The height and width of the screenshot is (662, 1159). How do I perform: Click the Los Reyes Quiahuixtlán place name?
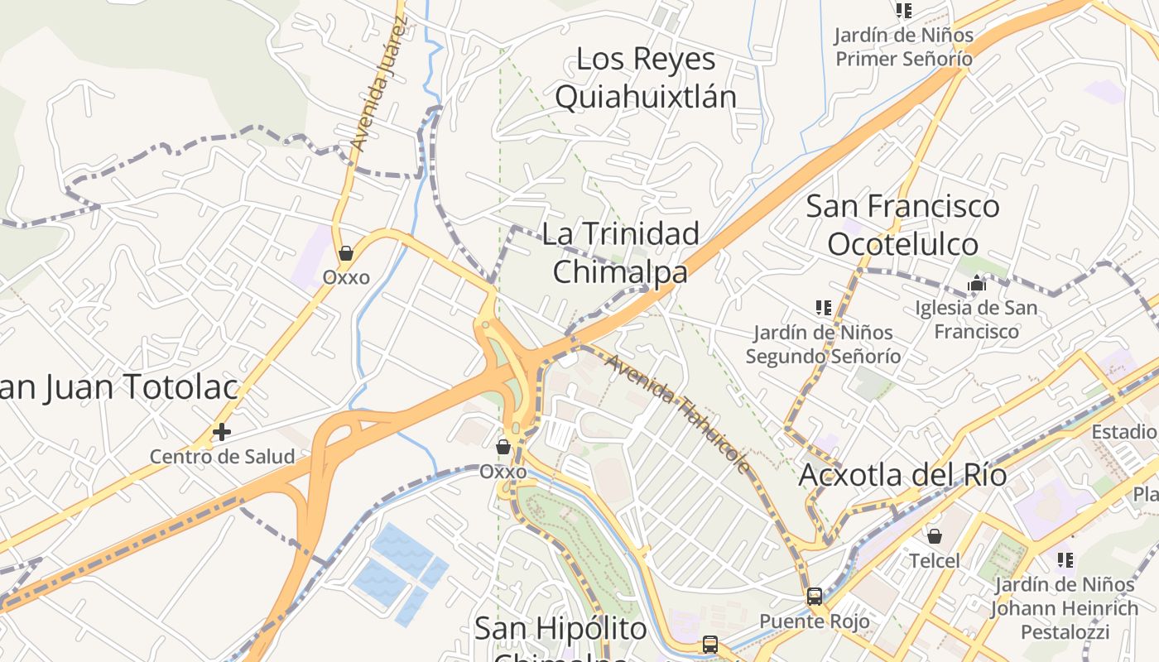point(646,78)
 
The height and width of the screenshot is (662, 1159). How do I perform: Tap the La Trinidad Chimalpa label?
point(621,252)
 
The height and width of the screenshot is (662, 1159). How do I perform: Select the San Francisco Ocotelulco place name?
point(902,225)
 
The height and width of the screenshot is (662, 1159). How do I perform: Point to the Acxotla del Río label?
point(902,476)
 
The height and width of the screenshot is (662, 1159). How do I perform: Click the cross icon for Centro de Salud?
point(221,431)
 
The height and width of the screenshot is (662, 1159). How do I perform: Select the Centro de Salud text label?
point(222,456)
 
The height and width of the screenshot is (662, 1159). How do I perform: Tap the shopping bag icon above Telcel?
point(935,536)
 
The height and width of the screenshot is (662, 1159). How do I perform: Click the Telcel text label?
point(935,561)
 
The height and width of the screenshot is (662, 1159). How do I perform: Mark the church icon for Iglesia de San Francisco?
point(977,284)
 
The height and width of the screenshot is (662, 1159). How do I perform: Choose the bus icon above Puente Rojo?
point(815,596)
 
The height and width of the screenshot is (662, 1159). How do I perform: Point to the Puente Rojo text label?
point(815,621)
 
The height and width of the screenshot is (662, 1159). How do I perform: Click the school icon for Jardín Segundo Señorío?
point(823,308)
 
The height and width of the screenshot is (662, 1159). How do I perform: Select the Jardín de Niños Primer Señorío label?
point(903,47)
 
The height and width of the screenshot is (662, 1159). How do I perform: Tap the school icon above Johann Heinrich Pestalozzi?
point(1065,560)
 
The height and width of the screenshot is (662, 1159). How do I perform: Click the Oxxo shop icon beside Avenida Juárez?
point(346,252)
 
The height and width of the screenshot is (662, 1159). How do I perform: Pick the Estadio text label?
point(1124,432)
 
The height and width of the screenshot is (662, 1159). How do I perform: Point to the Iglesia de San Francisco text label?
point(977,319)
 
